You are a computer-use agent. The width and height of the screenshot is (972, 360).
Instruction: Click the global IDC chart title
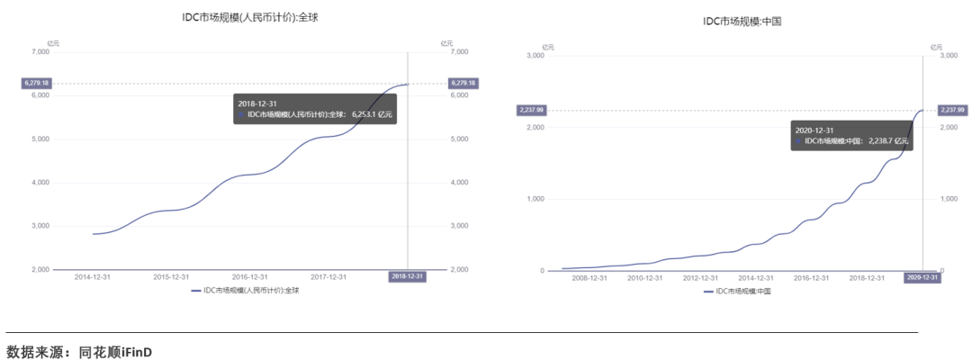pyautogui.click(x=249, y=18)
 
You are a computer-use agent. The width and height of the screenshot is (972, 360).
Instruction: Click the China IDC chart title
pyautogui.click(x=742, y=21)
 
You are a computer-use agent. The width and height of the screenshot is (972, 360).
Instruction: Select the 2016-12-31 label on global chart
pyautogui.click(x=250, y=277)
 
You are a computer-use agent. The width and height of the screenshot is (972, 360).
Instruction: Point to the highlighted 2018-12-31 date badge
pyautogui.click(x=407, y=277)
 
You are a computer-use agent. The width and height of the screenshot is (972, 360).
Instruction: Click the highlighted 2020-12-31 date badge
pyautogui.click(x=922, y=278)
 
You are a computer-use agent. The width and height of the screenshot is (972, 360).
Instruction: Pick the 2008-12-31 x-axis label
pyautogui.click(x=589, y=278)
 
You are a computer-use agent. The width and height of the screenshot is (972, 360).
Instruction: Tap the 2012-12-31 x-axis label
pyautogui.click(x=701, y=278)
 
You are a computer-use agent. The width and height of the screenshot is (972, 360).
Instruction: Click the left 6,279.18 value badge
pyautogui.click(x=37, y=84)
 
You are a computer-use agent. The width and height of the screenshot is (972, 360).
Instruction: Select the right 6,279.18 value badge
pyautogui.click(x=463, y=84)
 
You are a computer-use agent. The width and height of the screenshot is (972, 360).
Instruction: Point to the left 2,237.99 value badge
pyautogui.click(x=531, y=110)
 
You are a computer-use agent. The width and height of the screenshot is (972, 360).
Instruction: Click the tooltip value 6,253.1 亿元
pyautogui.click(x=372, y=115)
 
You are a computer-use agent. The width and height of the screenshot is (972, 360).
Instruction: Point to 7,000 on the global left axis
pyautogui.click(x=40, y=52)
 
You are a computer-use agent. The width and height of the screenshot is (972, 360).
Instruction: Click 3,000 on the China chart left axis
pyautogui.click(x=535, y=56)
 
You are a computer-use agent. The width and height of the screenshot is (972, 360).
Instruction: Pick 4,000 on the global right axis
pyautogui.click(x=458, y=183)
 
